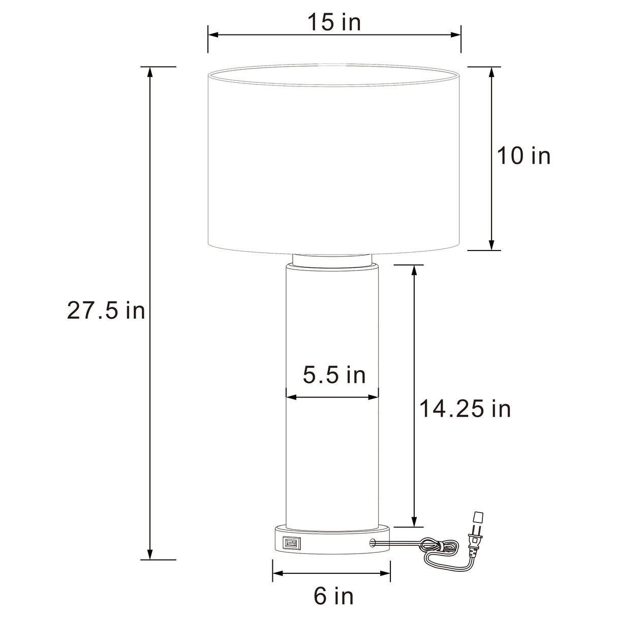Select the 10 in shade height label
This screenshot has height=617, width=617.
point(523,156)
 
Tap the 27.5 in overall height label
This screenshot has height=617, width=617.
point(106,311)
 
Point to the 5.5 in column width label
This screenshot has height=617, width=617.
point(334,375)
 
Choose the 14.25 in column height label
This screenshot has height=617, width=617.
point(465,409)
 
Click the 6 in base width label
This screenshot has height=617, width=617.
point(333,595)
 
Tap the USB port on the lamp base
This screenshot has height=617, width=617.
point(291,543)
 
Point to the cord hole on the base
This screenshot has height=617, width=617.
point(374,543)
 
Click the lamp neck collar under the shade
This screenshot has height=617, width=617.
point(334,260)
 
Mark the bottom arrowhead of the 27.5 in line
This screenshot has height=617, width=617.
point(150,554)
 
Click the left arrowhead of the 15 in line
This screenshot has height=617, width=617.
point(213,35)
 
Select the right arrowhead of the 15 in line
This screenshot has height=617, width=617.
point(456,35)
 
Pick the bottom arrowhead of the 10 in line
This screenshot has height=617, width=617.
point(491,245)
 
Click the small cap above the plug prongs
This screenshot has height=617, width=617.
point(477,517)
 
